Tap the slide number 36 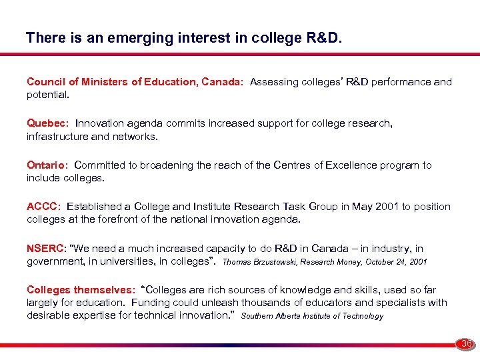coord(466,343)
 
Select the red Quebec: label coord(48,123)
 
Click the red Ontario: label coord(47,165)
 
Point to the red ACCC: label coord(44,207)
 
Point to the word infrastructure coord(58,136)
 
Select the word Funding coord(151,303)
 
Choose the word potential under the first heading coord(47,95)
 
